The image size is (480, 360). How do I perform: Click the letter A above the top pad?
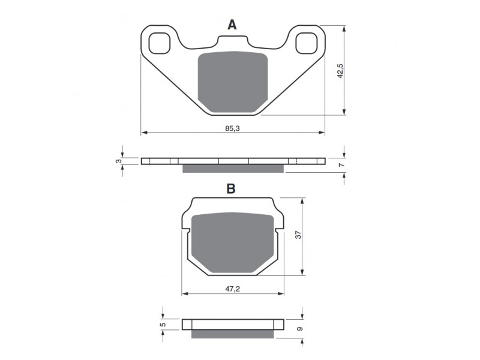pyautogui.click(x=232, y=25)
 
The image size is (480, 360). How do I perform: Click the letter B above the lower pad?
pyautogui.click(x=231, y=189)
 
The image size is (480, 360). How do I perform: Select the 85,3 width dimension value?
pyautogui.click(x=233, y=128)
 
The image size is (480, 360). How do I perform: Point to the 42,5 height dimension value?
pyautogui.click(x=340, y=71)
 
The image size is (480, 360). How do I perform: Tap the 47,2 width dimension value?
pyautogui.click(x=233, y=289)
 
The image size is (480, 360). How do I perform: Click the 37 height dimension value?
pyautogui.click(x=298, y=235)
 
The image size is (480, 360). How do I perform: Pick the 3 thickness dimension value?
pyautogui.click(x=118, y=161)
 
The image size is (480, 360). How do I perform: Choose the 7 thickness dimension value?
pyautogui.click(x=342, y=165)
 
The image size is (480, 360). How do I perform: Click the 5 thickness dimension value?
pyautogui.click(x=163, y=324)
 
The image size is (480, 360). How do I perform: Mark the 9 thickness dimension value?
pyautogui.click(x=300, y=328)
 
